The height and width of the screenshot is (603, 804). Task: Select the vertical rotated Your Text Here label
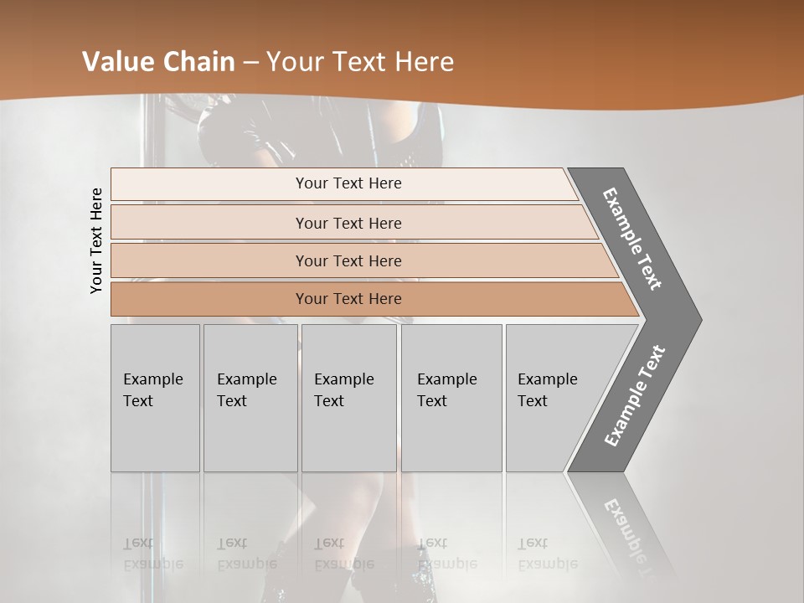point(96,240)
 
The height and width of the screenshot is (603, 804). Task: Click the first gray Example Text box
point(155,398)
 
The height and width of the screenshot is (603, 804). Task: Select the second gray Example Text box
point(250,398)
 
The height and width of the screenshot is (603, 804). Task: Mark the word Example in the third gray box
point(343,379)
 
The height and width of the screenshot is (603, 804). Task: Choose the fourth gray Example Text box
point(451,398)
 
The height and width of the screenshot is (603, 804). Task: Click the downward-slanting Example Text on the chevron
point(632,239)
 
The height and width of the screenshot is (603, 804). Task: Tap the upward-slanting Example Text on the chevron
point(635,395)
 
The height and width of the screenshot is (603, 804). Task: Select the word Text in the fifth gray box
point(533,401)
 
